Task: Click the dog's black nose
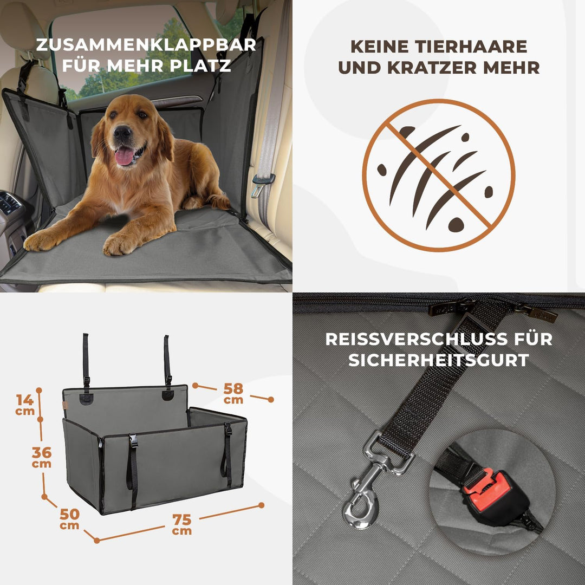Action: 122,132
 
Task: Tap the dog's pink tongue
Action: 125,156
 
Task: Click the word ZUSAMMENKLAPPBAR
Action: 146,44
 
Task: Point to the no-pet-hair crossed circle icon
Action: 439,175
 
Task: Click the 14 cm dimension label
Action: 25,404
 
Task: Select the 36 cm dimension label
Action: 42,457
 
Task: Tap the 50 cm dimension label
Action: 69,518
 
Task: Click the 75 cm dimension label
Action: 181,523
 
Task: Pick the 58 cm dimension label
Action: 233,393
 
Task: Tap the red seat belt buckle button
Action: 486,483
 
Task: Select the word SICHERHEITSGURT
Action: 439,360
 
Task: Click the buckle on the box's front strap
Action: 133,441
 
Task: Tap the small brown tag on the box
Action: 65,406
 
